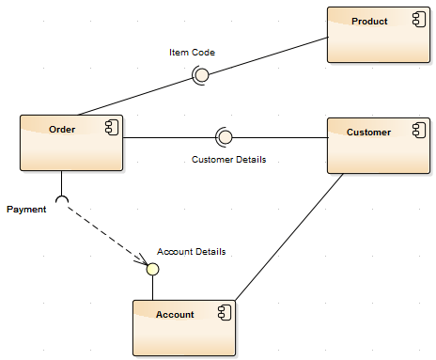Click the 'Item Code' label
point(192,53)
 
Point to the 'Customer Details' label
point(228,159)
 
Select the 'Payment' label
point(26,209)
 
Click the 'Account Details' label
point(191,251)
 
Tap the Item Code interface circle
point(199,75)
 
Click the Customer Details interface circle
point(224,137)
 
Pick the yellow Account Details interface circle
point(152,269)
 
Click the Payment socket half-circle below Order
point(62,199)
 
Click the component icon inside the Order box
point(110,127)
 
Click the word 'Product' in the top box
point(368,21)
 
